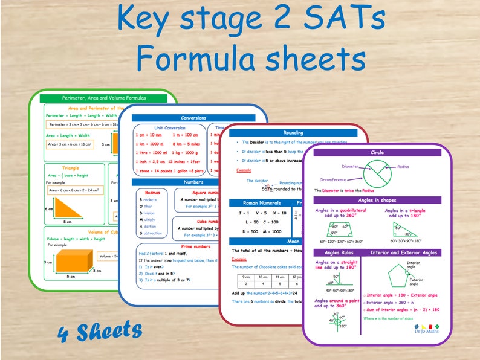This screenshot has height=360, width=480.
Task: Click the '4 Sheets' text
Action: pyautogui.click(x=100, y=331)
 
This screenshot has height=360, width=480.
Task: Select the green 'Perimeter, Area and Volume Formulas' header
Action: pyautogui.click(x=105, y=98)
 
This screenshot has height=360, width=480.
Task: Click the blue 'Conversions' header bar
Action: pyautogui.click(x=193, y=118)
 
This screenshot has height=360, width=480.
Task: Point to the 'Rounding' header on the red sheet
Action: pyautogui.click(x=293, y=133)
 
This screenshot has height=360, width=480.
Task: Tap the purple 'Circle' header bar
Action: pyautogui.click(x=377, y=153)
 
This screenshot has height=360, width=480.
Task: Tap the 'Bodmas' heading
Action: pyautogui.click(x=149, y=192)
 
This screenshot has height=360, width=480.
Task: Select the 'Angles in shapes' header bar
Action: pyautogui.click(x=377, y=200)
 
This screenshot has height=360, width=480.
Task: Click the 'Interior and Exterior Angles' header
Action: pyautogui.click(x=404, y=252)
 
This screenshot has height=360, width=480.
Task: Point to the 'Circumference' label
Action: pyautogui.click(x=332, y=179)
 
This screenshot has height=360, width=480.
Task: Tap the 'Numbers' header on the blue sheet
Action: pyautogui.click(x=193, y=181)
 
